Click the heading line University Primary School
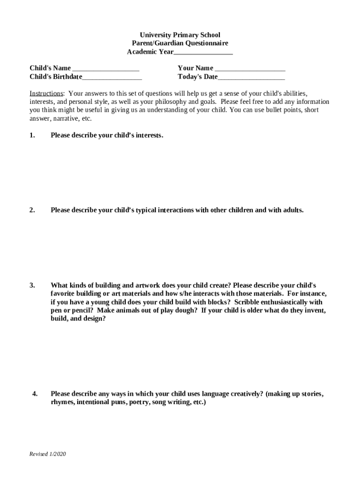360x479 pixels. (180, 35)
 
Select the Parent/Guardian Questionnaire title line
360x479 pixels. (180, 44)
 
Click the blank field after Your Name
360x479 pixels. (250, 68)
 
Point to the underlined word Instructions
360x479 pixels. (46, 94)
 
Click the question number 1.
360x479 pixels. (32, 136)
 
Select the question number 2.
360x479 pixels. (32, 210)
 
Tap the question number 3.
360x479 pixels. (32, 285)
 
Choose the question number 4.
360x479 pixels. (35, 394)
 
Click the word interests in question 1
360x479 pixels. (149, 136)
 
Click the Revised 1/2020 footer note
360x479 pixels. (48, 454)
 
